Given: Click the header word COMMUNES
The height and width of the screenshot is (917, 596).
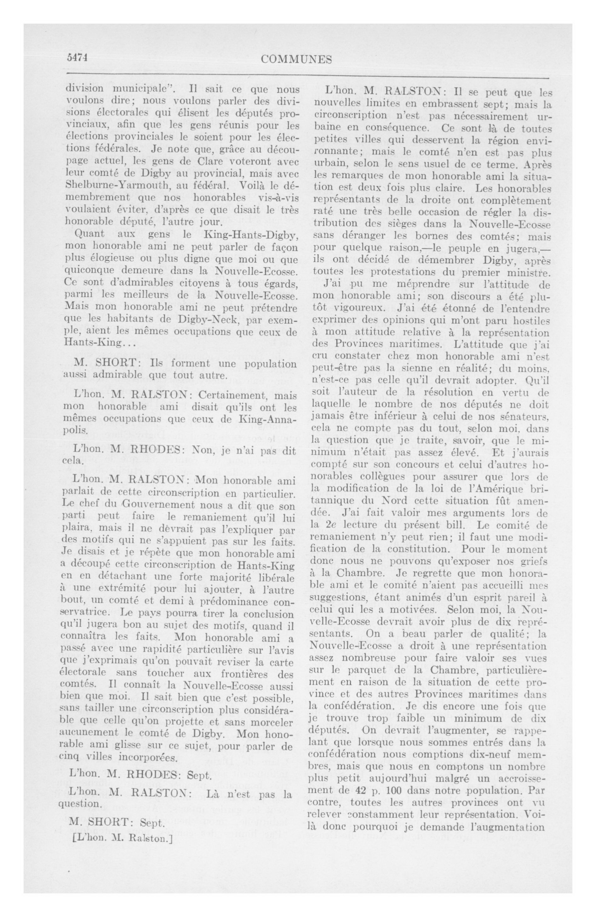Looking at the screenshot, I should point(296,59).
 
